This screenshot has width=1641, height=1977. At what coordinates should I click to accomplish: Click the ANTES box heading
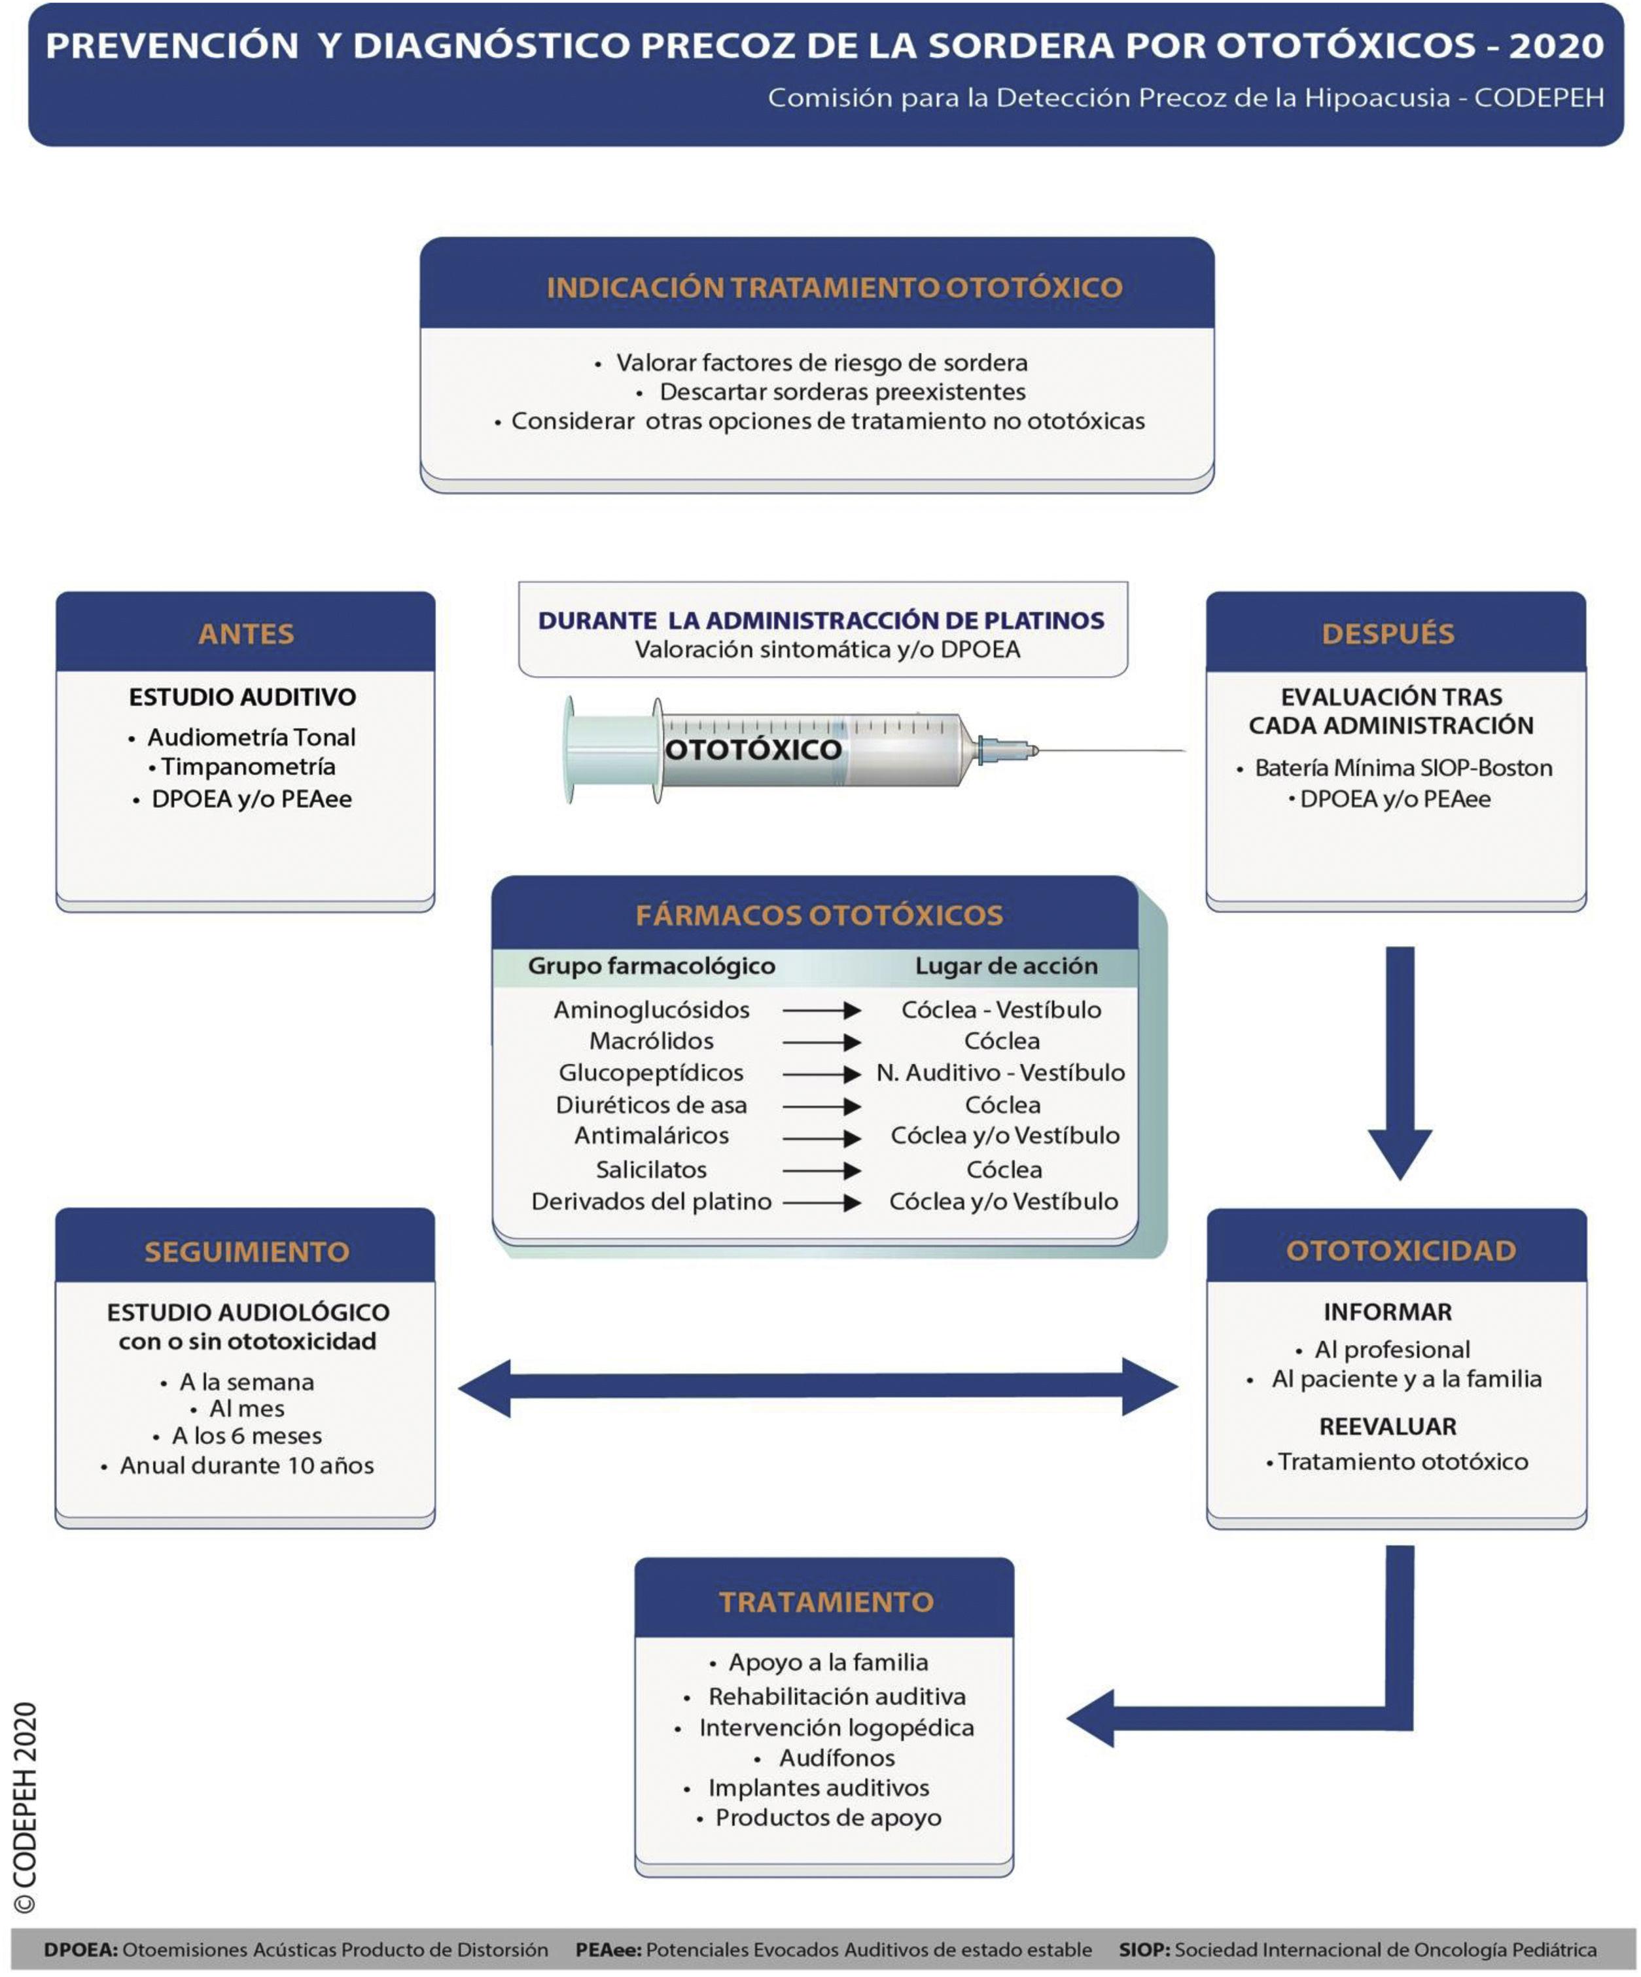[x=246, y=633]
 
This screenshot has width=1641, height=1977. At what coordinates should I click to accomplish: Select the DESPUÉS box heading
[x=1388, y=633]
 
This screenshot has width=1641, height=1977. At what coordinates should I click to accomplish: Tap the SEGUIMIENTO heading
[x=247, y=1251]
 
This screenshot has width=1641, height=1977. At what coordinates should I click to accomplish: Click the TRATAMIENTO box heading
[x=826, y=1601]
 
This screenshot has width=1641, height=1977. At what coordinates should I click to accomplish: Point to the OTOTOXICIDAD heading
[x=1400, y=1250]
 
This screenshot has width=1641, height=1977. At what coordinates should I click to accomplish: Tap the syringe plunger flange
[x=571, y=750]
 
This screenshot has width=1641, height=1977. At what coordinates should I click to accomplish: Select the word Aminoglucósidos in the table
[x=652, y=1010]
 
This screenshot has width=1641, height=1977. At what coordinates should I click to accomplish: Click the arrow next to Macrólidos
[x=822, y=1042]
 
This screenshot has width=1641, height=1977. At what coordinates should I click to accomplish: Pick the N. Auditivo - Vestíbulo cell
[x=1000, y=1072]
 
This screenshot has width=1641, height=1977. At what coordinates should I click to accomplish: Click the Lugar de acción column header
[x=1006, y=966]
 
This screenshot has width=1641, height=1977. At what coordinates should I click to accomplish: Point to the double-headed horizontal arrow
[x=817, y=1387]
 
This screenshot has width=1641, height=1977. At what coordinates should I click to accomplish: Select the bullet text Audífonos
[x=836, y=1758]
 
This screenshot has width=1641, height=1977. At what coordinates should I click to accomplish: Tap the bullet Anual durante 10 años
[x=247, y=1466]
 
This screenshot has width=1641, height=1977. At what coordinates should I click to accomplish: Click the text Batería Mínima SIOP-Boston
[x=1403, y=768]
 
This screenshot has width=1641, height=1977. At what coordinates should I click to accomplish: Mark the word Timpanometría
[x=247, y=766]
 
